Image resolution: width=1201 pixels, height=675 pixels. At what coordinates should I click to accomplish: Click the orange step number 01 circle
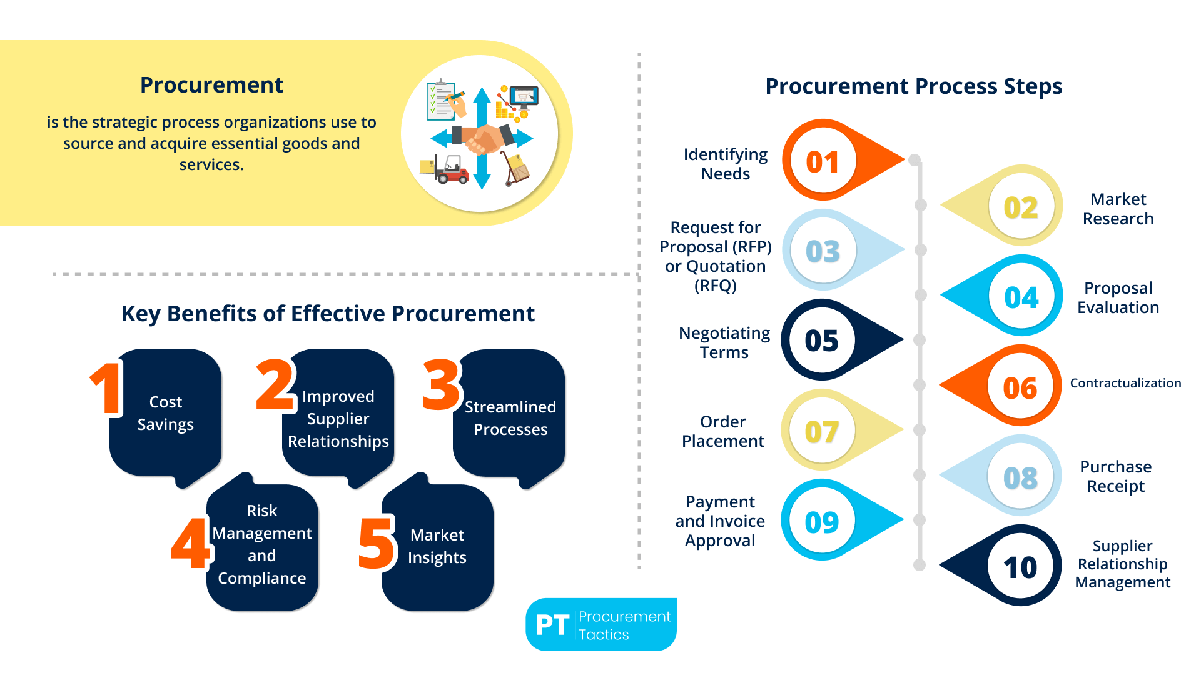click(x=822, y=162)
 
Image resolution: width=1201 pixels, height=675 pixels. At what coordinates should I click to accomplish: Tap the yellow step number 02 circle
click(x=1021, y=207)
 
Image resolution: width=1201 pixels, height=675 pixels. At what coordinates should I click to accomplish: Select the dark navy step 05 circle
click(x=821, y=341)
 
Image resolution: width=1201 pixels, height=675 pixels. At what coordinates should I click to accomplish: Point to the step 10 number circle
click(x=1020, y=567)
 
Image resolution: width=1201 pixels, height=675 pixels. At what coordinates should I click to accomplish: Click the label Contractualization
click(x=1125, y=383)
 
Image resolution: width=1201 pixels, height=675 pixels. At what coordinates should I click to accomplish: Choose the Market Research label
click(x=1118, y=209)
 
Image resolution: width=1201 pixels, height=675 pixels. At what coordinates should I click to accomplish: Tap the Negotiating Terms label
click(x=724, y=342)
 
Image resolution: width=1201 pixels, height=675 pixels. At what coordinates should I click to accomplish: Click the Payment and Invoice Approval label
click(x=720, y=521)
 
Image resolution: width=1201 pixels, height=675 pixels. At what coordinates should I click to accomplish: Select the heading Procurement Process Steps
click(x=913, y=86)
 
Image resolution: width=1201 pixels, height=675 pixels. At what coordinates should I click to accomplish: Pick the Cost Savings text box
click(x=166, y=413)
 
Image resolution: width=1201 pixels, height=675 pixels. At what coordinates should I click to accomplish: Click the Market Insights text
click(x=437, y=546)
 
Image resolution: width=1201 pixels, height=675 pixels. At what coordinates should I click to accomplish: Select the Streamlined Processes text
click(x=510, y=417)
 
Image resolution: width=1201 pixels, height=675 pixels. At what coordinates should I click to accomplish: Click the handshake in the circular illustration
click(x=482, y=137)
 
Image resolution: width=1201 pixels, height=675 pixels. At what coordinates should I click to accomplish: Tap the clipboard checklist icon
click(x=442, y=100)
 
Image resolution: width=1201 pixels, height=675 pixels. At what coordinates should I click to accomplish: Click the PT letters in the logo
click(x=552, y=625)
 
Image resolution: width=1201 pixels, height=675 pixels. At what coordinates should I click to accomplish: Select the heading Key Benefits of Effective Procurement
click(x=328, y=314)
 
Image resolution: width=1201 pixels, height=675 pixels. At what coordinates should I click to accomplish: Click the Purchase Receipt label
click(x=1115, y=476)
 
